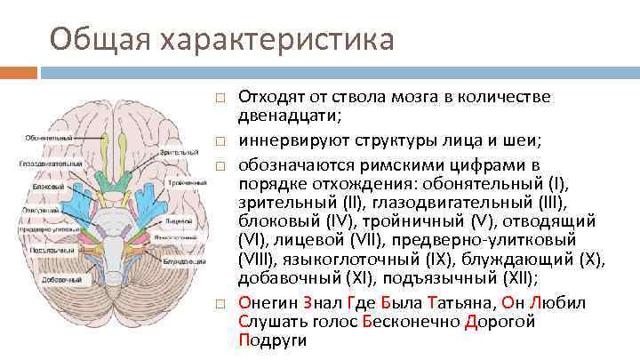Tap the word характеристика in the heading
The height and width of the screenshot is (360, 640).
tap(275, 39)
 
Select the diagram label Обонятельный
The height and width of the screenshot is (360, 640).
tap(49, 138)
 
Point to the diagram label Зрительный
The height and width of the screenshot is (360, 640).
tap(179, 153)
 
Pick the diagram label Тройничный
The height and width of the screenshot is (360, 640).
tap(188, 181)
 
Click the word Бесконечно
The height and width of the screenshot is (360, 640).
tap(412, 321)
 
